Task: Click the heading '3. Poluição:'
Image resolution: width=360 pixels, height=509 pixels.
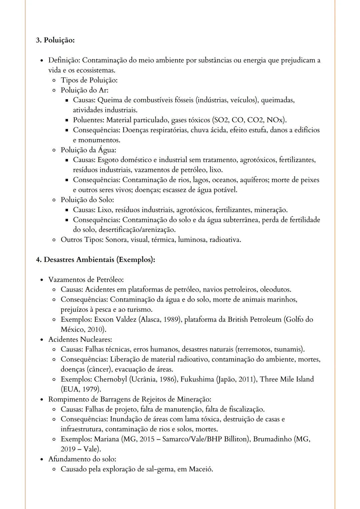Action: (x=55, y=40)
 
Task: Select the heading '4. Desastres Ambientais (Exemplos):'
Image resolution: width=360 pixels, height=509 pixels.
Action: (x=95, y=259)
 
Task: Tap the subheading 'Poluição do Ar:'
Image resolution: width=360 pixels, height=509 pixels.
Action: (x=84, y=90)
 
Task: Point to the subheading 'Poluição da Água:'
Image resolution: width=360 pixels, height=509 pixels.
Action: (x=88, y=150)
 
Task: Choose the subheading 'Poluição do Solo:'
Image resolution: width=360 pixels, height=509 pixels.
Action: (x=87, y=200)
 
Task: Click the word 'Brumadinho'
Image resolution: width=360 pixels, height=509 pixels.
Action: (x=272, y=439)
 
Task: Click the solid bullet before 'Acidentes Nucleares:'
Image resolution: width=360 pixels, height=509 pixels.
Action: (x=42, y=340)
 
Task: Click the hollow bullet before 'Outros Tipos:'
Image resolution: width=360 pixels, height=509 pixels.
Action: (x=54, y=240)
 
